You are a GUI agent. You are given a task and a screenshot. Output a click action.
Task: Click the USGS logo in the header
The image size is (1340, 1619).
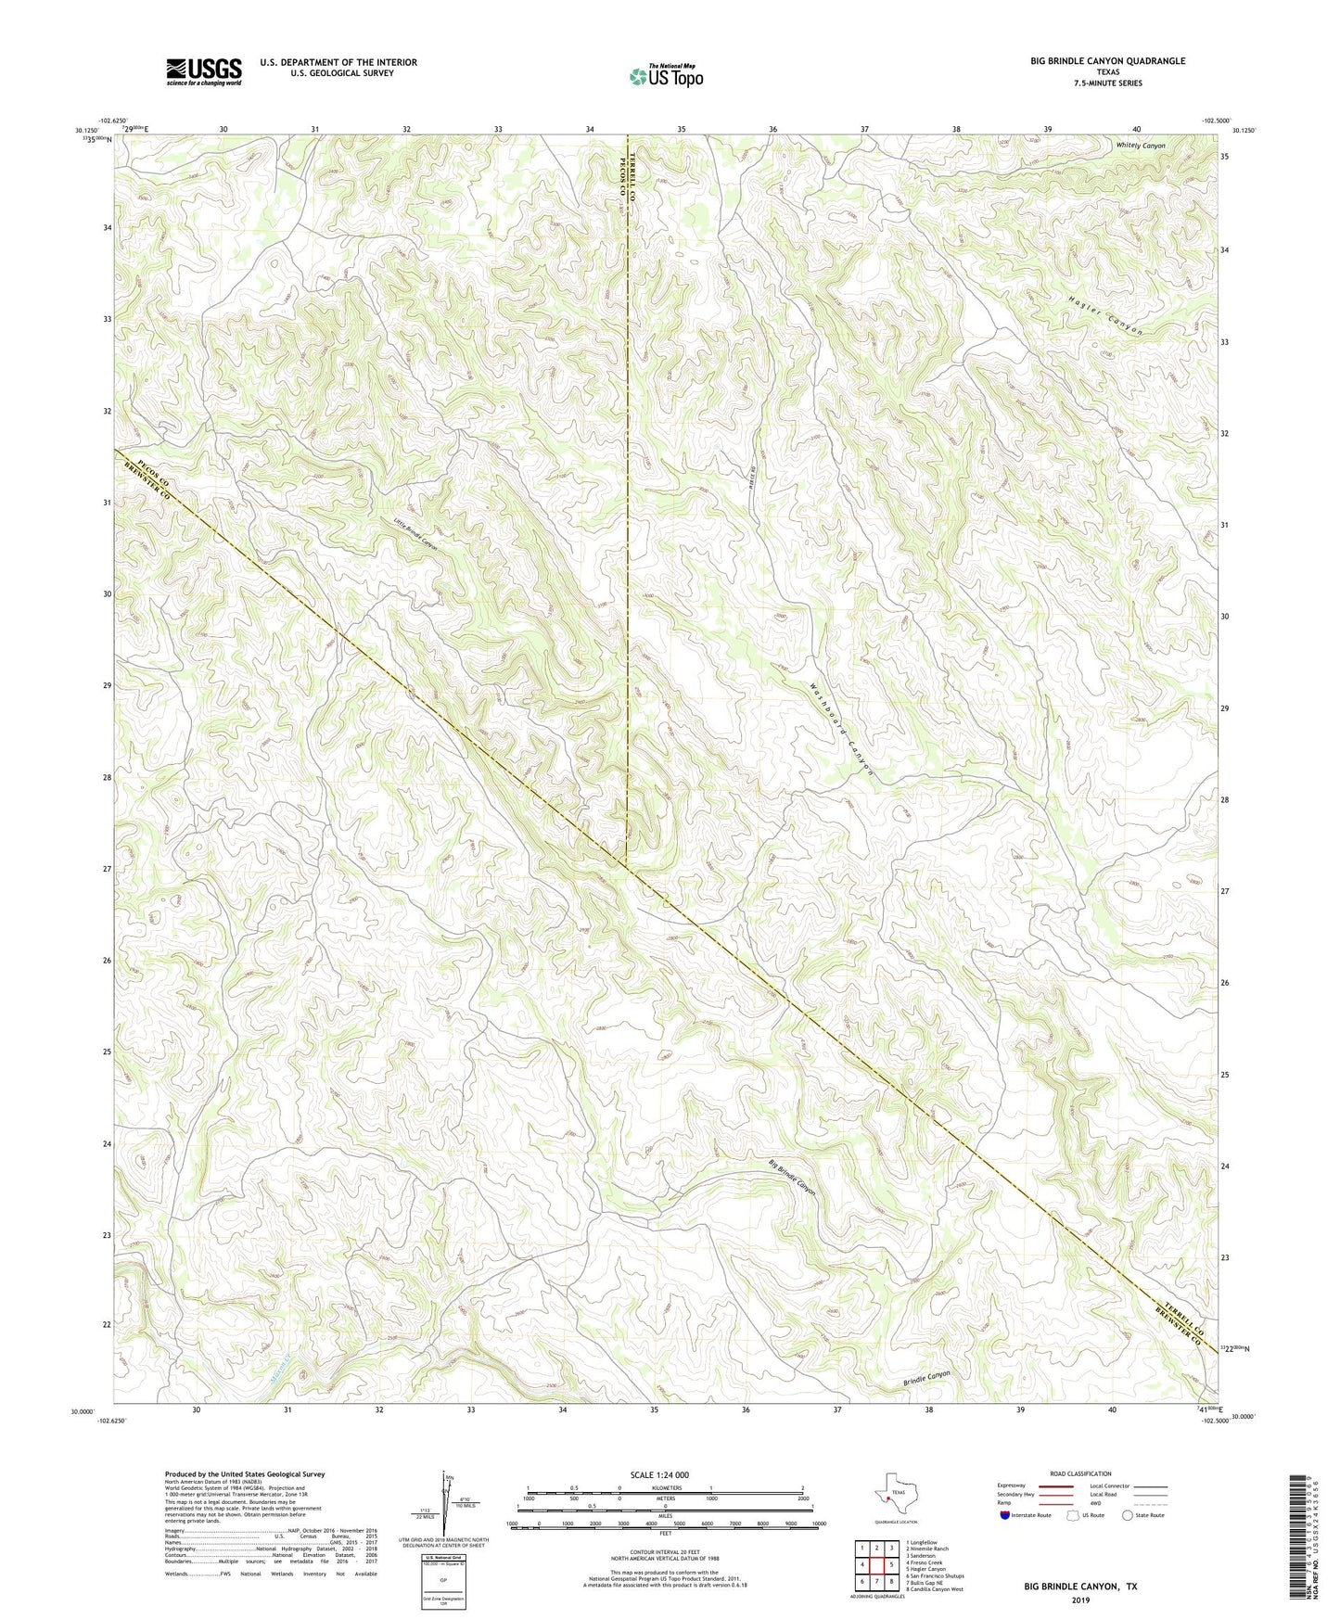point(204,70)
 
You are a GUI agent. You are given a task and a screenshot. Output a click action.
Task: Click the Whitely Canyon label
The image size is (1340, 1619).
point(1140,146)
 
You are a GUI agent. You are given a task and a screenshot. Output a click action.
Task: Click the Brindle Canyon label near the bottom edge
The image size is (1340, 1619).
point(926,1379)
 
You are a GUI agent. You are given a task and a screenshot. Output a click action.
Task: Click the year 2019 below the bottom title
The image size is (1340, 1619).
point(1080,1600)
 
